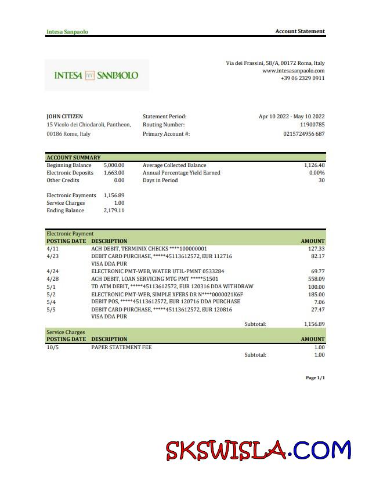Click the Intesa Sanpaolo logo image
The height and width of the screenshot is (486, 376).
click(x=96, y=75)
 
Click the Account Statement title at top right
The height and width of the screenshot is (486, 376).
click(x=299, y=31)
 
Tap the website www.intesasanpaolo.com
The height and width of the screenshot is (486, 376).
click(x=293, y=71)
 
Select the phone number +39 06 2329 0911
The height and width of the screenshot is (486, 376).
click(x=302, y=78)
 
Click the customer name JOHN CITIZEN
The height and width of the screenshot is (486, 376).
click(x=64, y=117)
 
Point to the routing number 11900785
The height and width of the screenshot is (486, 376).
click(x=312, y=125)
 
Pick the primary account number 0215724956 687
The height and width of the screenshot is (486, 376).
click(x=303, y=134)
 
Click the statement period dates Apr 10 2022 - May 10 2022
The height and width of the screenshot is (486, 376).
click(x=291, y=117)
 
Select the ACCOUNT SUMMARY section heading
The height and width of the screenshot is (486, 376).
click(x=73, y=157)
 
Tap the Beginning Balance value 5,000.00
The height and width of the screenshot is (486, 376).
click(x=114, y=165)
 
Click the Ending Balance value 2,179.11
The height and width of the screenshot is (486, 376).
click(x=114, y=211)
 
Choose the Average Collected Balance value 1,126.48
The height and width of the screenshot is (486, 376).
click(x=314, y=165)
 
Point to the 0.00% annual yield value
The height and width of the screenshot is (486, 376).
click(x=316, y=173)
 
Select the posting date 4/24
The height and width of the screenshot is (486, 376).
click(x=52, y=271)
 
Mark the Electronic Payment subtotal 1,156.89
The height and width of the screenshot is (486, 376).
click(x=314, y=324)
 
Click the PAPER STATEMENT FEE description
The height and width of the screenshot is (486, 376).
click(x=121, y=347)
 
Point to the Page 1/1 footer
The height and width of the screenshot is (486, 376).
click(x=315, y=378)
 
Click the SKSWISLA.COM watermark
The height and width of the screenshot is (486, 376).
click(x=258, y=450)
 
